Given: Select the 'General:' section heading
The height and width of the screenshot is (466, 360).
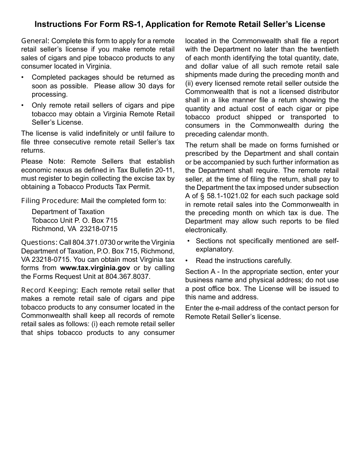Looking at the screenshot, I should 35,41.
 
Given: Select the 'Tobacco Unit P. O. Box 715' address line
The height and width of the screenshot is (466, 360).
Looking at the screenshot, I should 75,220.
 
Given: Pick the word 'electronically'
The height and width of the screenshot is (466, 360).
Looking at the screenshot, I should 206,230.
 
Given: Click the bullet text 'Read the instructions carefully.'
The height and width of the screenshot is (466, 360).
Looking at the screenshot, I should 244,261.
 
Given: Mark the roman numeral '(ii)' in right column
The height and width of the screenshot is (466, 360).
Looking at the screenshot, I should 189,83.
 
